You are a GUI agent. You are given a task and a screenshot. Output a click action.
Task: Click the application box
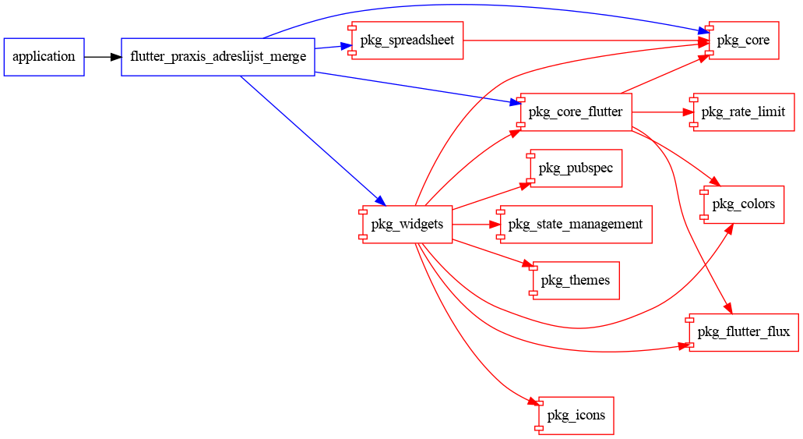(x=44, y=57)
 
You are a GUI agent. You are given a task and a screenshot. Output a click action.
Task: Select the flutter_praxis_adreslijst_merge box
(x=217, y=57)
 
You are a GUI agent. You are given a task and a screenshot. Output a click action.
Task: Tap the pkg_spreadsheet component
(x=407, y=40)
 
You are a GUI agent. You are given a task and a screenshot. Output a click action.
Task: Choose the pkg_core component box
(x=743, y=41)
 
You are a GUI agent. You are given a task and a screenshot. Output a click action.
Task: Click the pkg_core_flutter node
(x=576, y=112)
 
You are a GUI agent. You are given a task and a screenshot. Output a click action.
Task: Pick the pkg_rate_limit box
(x=743, y=112)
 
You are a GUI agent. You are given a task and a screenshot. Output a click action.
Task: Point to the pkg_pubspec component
(x=576, y=168)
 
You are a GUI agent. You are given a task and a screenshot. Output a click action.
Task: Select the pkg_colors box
(x=743, y=204)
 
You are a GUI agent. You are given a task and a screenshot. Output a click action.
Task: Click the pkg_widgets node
(x=407, y=225)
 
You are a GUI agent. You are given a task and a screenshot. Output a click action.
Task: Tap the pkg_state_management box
(x=576, y=225)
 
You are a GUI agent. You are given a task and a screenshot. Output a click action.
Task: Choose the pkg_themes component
(x=576, y=281)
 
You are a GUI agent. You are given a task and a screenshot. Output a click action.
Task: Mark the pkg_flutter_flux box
(x=743, y=332)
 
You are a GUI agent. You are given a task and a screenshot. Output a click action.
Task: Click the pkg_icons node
(x=576, y=416)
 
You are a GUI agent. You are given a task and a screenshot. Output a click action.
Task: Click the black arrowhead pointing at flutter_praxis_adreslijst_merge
(x=116, y=57)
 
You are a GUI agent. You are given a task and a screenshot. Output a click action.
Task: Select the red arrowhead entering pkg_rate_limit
(x=689, y=112)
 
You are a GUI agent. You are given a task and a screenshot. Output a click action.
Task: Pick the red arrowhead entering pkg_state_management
(x=494, y=225)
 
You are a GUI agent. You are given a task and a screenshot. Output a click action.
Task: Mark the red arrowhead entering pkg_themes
(x=527, y=266)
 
